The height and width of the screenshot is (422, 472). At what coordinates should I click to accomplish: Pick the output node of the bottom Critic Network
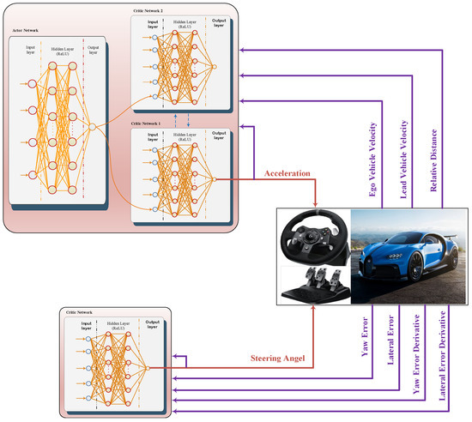coord(147,366)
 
